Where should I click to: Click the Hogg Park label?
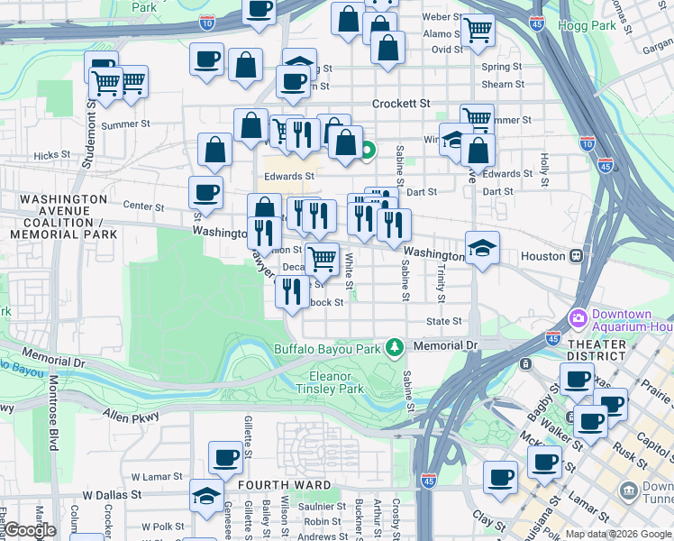point(587,25)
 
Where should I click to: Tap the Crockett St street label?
point(401,104)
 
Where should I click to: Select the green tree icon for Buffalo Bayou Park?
point(394,346)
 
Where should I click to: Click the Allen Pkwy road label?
point(131,417)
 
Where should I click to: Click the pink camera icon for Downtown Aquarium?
point(578,317)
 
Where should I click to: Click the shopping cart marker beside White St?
point(322,259)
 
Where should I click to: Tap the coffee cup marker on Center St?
point(205,192)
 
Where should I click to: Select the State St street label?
point(444,321)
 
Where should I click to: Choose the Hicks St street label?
point(46,155)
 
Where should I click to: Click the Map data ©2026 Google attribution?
point(618,534)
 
